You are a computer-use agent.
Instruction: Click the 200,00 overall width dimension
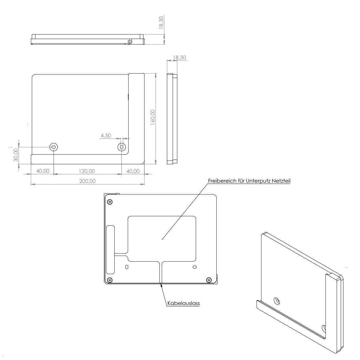[x=87, y=181]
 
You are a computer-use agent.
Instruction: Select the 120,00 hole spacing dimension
[x=87, y=171]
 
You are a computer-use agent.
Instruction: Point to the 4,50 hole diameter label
[x=106, y=136]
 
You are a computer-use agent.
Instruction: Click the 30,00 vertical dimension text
[x=16, y=155]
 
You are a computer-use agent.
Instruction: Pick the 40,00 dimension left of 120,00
[x=43, y=171]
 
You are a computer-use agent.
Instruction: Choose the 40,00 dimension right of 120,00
[x=133, y=171]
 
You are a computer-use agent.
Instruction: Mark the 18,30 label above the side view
[x=179, y=58]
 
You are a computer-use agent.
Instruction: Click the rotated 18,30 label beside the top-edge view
[x=161, y=22]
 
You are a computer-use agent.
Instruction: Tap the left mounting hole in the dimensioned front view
[x=54, y=147]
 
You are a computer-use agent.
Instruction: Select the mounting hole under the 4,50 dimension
[x=121, y=147]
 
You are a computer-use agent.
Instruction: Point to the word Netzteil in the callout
[x=281, y=181]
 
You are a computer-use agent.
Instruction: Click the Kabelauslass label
[x=183, y=303]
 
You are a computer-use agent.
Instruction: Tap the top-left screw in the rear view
[x=110, y=202]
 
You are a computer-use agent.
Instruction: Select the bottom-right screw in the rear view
[x=209, y=280]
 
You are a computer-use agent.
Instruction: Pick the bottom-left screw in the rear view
[x=110, y=280]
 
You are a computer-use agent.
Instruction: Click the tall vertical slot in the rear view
[x=110, y=249]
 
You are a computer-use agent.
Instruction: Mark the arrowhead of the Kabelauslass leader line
[x=162, y=285]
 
